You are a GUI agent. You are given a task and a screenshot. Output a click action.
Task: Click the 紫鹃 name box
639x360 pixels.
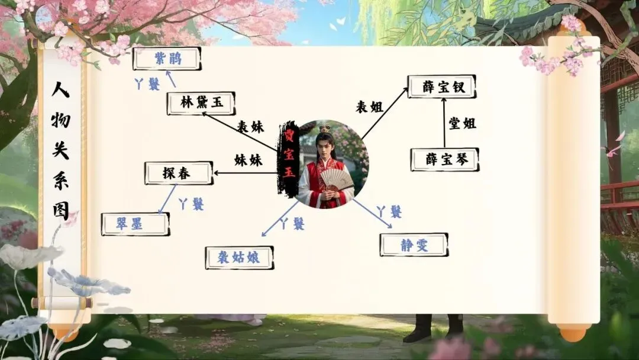pos(167,59)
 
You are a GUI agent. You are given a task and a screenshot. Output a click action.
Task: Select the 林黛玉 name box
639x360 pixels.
pos(201,103)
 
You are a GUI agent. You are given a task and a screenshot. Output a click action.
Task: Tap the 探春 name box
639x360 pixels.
pos(179,172)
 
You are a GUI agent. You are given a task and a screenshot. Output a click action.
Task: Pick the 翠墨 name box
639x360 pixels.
pos(135,224)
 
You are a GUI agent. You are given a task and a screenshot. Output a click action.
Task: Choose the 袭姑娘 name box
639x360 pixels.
pos(240,258)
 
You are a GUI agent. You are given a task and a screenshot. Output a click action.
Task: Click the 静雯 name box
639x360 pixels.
pos(414,245)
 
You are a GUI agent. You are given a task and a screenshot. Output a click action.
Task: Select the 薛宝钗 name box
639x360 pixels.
pos(441,86)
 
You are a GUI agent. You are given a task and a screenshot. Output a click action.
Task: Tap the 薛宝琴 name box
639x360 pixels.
pos(444,159)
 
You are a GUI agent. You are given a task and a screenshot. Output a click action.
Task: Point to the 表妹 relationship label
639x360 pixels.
pos(250,127)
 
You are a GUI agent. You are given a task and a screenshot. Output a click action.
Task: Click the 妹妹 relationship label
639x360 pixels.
pos(248,160)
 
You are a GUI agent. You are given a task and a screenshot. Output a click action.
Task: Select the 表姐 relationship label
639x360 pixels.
pos(369,107)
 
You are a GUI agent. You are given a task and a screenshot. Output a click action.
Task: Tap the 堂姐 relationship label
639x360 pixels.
pos(462,123)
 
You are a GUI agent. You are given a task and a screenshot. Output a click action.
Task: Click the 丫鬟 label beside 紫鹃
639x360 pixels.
pos(147,84)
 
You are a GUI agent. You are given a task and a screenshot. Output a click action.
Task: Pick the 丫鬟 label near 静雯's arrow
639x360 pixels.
pos(389,211)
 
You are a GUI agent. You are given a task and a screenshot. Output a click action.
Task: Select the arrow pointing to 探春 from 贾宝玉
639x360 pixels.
pos(246,173)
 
